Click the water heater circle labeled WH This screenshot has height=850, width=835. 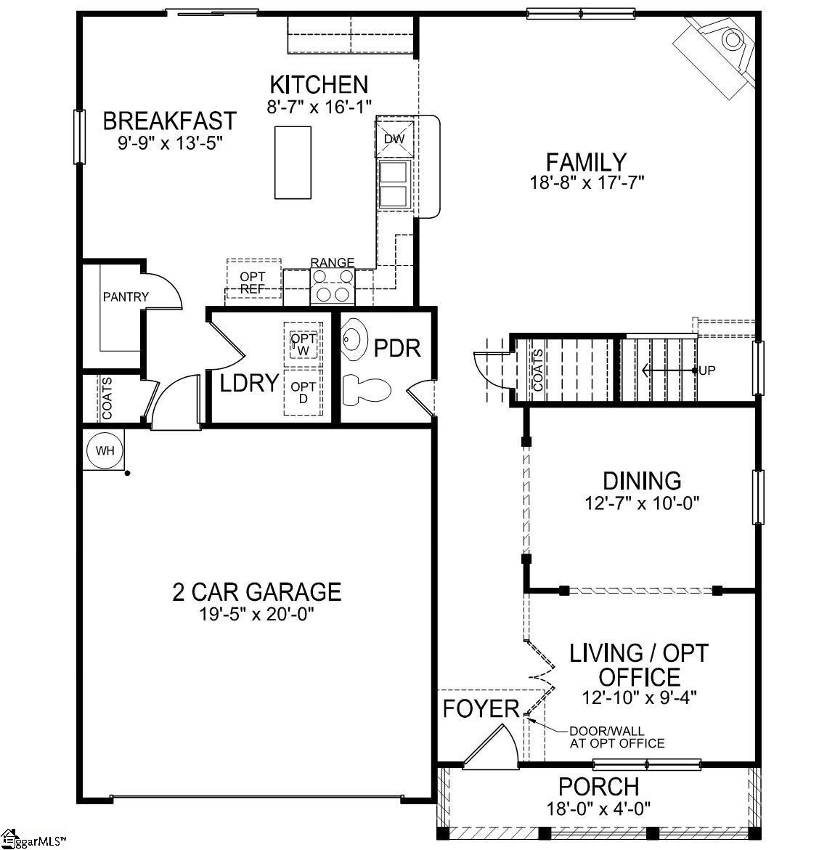105,450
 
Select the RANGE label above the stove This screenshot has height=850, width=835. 333,262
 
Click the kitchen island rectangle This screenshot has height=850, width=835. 293,162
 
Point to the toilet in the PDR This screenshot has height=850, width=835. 367,389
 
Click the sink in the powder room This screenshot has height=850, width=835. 354,339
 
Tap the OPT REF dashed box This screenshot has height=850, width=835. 253,282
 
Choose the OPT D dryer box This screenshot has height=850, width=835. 304,392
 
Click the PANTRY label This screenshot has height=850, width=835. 126,296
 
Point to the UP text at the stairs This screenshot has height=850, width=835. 707,371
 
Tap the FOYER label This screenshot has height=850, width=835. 481,708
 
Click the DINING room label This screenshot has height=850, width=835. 642,480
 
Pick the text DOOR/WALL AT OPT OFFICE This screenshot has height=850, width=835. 616,737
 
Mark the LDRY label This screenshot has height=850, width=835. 250,383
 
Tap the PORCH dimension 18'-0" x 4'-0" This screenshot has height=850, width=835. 598,807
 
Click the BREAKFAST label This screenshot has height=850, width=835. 169,120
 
